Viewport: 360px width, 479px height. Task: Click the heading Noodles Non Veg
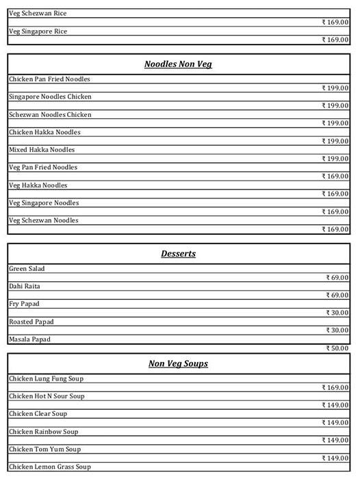click(x=178, y=64)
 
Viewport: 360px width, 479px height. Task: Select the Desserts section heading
click(x=178, y=254)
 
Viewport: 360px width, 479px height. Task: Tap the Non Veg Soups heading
click(x=178, y=364)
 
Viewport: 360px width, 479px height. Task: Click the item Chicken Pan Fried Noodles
click(x=49, y=79)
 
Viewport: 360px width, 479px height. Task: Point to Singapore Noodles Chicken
click(x=50, y=97)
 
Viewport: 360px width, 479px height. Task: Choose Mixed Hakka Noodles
click(x=42, y=150)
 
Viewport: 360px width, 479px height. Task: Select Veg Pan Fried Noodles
click(x=43, y=168)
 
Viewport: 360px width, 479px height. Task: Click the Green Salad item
click(x=27, y=269)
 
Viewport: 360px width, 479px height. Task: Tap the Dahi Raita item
click(x=25, y=287)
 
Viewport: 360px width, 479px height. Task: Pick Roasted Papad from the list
click(x=31, y=322)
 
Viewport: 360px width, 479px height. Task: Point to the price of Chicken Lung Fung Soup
click(x=335, y=388)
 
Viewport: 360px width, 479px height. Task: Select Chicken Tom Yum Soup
click(x=44, y=450)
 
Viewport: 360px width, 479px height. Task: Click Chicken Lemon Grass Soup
click(x=49, y=467)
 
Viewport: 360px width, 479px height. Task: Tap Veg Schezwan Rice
click(x=38, y=14)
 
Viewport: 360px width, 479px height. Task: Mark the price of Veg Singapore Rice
click(x=335, y=40)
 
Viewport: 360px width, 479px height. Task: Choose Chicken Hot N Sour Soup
click(x=47, y=397)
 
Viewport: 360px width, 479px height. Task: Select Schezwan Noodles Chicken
click(x=50, y=115)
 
